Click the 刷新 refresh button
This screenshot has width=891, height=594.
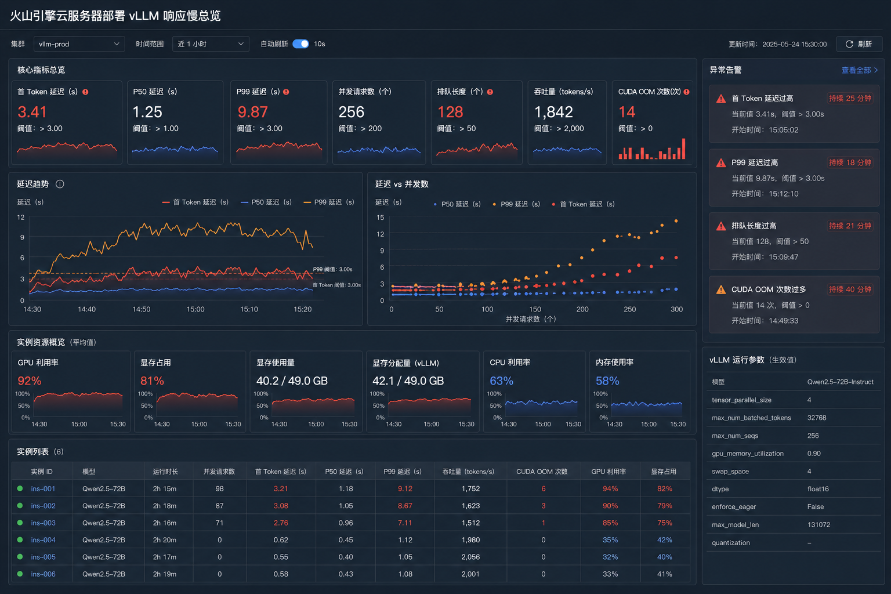coord(859,44)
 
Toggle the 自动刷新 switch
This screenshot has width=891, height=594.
coord(300,44)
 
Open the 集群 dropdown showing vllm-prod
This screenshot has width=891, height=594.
coord(79,44)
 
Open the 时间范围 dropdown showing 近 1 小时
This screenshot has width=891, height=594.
coord(211,44)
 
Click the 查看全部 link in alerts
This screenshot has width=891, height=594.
coord(859,70)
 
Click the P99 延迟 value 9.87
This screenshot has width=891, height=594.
coord(252,112)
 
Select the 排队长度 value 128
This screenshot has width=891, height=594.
coord(450,112)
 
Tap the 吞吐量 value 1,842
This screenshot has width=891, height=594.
coord(553,112)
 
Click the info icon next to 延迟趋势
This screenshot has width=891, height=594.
coord(60,184)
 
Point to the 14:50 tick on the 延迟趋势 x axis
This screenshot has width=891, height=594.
coord(141,309)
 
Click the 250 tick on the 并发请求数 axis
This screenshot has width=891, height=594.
coord(629,309)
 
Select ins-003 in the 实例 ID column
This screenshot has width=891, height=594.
coord(44,523)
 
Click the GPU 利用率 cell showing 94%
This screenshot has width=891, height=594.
coord(610,488)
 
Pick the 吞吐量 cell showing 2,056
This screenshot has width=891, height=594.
coord(470,557)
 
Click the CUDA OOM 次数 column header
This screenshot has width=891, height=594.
coord(542,472)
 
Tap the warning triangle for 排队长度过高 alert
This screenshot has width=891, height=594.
coord(721,226)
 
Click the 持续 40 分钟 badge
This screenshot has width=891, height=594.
coord(850,289)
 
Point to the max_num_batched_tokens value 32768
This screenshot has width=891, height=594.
coord(817,418)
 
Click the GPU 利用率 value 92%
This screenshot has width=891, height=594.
coord(30,381)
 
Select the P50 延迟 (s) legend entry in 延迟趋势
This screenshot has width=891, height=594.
coord(266,202)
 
